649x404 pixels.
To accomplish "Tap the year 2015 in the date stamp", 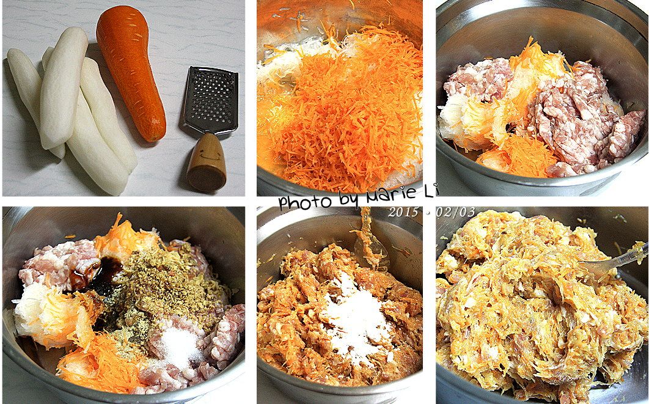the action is tap(403, 212).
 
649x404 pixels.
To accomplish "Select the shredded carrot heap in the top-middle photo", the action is tap(343, 108).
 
